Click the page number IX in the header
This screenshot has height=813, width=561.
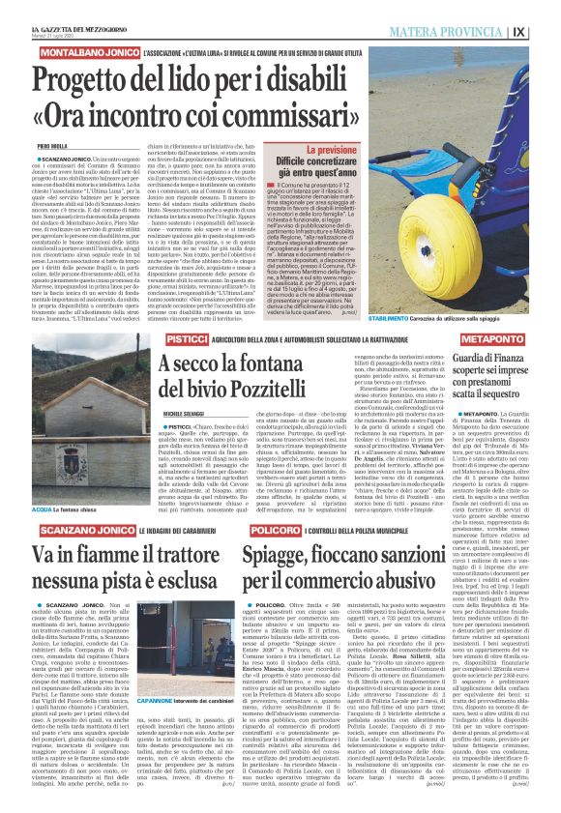tap(546, 30)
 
